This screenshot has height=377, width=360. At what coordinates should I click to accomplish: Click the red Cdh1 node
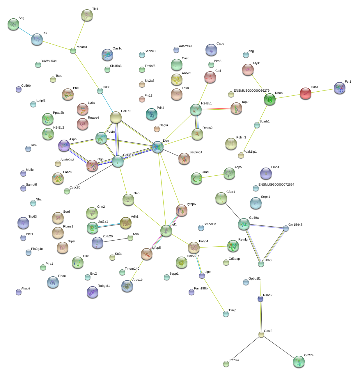pyautogui.click(x=305, y=93)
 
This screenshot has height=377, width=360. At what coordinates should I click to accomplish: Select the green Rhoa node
pyautogui.click(x=270, y=99)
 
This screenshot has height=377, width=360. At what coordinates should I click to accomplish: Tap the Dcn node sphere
pyautogui.click(x=157, y=147)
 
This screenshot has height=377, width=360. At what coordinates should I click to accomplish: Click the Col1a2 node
pyautogui.click(x=116, y=117)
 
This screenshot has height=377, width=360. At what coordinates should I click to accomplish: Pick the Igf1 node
pyautogui.click(x=166, y=231)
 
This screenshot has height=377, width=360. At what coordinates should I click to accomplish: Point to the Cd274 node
pyautogui.click(x=299, y=362)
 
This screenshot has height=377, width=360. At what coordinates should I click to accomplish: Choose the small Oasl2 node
pyautogui.click(x=261, y=335)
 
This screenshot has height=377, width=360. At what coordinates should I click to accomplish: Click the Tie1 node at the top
pyautogui.click(x=87, y=15)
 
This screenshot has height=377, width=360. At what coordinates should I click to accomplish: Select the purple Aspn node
pyautogui.click(x=64, y=145)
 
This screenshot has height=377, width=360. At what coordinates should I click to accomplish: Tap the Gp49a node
pyautogui.click(x=244, y=224)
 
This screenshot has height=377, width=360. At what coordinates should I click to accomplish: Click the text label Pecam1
pyautogui.click(x=81, y=47)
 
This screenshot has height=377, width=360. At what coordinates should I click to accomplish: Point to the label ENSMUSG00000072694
pyautogui.click(x=276, y=184)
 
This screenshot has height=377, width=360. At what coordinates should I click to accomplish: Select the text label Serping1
pyautogui.click(x=196, y=152)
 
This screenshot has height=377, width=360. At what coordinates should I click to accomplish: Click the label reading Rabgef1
pyautogui.click(x=104, y=286)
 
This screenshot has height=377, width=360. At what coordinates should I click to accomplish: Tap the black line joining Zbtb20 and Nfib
pyautogui.click(x=114, y=240)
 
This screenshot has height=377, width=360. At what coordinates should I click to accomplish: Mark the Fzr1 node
pyautogui.click(x=339, y=88)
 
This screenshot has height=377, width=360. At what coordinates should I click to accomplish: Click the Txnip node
pyautogui.click(x=226, y=314)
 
